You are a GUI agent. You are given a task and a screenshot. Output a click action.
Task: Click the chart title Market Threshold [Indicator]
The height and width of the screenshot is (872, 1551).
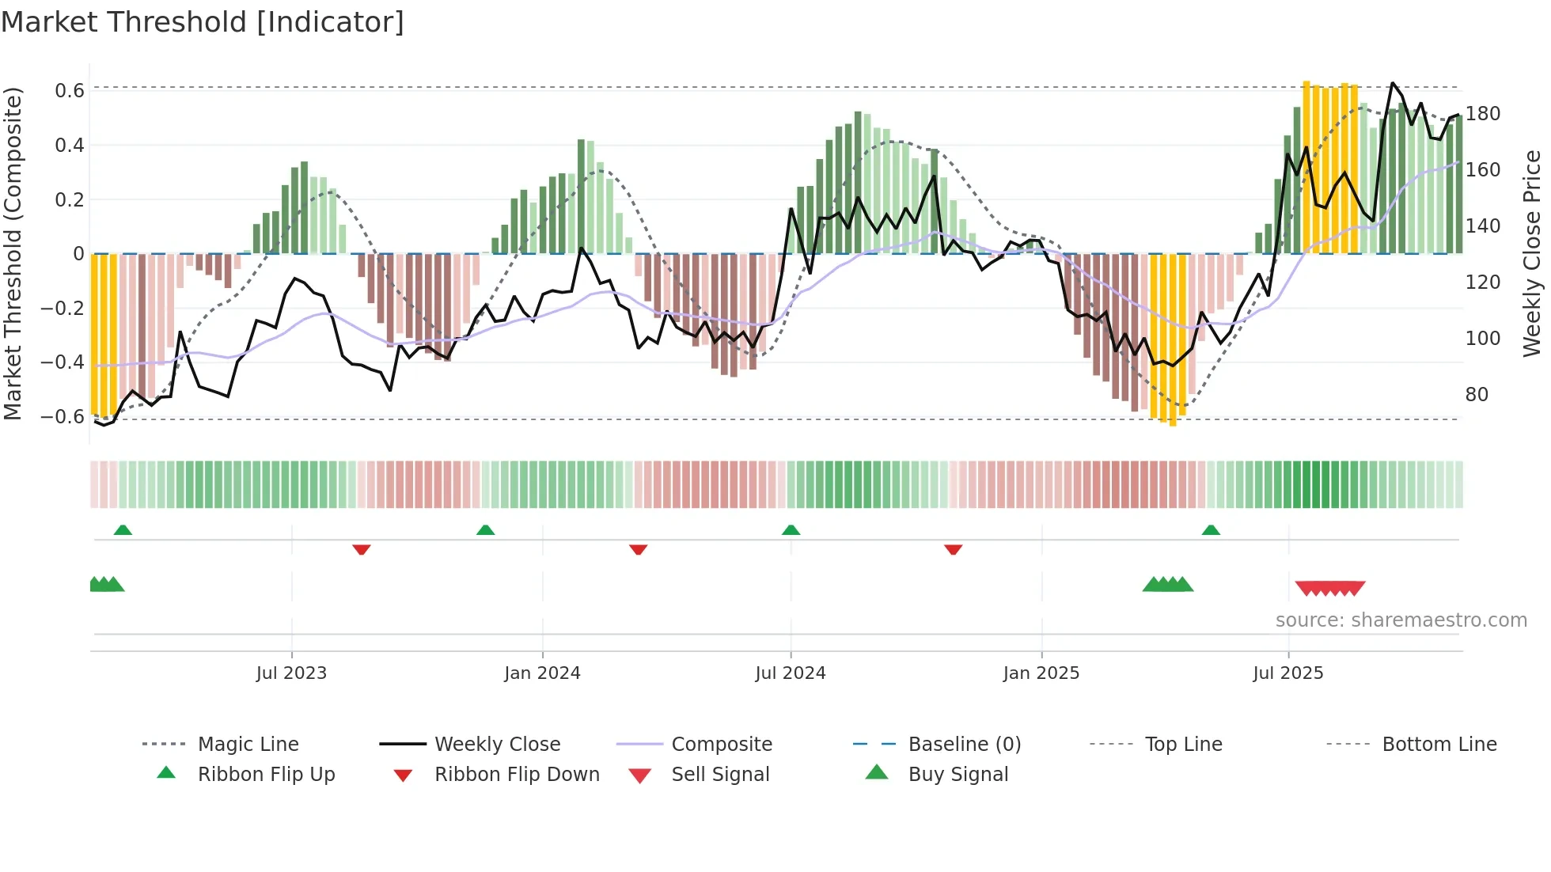[203, 22]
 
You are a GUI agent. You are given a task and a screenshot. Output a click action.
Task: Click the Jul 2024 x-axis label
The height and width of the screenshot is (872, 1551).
[790, 673]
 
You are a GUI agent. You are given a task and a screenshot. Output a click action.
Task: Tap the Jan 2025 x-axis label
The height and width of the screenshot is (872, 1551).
[1041, 673]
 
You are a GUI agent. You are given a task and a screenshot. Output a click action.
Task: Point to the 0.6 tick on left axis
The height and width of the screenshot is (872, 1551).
[70, 90]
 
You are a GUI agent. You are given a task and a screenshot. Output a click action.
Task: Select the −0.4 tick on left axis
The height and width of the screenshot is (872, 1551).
[63, 362]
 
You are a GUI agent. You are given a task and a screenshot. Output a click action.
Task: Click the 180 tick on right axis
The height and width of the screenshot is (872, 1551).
[1482, 114]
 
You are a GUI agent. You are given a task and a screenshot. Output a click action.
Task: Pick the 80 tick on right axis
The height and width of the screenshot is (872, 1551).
[1477, 394]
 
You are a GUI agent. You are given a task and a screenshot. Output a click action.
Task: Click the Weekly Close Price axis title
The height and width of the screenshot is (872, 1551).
[1532, 253]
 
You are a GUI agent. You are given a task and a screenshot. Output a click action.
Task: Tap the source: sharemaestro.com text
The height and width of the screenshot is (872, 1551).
[1401, 620]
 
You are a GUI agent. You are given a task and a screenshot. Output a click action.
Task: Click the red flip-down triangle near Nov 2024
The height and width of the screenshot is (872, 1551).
[953, 549]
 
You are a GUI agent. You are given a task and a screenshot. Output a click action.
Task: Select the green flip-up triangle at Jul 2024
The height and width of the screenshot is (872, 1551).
[791, 530]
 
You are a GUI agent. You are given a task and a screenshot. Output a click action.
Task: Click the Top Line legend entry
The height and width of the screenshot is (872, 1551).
[1183, 744]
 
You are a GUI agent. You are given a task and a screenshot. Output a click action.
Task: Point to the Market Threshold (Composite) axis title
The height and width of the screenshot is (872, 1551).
[13, 253]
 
